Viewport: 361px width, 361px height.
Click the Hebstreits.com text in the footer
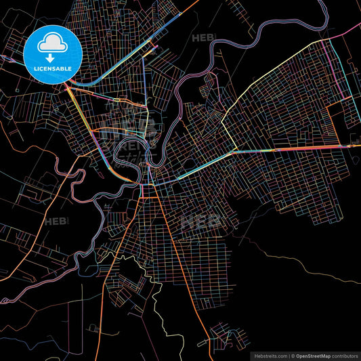point(270,356)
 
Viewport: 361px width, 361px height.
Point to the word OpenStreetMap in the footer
point(315,356)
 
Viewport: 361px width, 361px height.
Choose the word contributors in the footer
point(345,356)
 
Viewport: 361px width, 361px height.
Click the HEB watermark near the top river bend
point(203,39)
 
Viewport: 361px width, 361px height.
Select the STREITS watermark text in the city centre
point(139,144)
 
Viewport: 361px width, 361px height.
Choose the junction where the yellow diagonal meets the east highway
point(234,151)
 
